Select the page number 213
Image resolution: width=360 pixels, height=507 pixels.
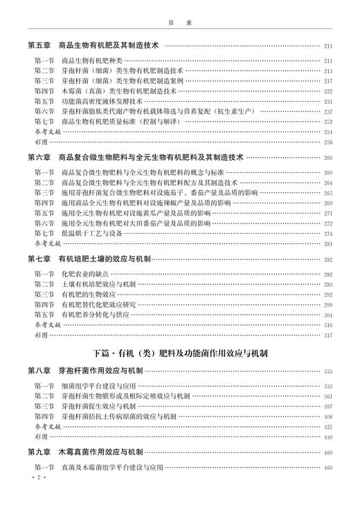(x=327, y=71)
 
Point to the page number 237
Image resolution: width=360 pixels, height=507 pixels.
(x=327, y=111)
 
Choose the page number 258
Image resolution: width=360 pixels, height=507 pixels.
(x=327, y=142)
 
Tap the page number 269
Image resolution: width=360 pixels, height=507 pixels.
(x=327, y=203)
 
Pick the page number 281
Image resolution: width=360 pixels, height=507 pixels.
(x=327, y=243)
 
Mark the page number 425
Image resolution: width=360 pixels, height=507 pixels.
(x=327, y=427)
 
